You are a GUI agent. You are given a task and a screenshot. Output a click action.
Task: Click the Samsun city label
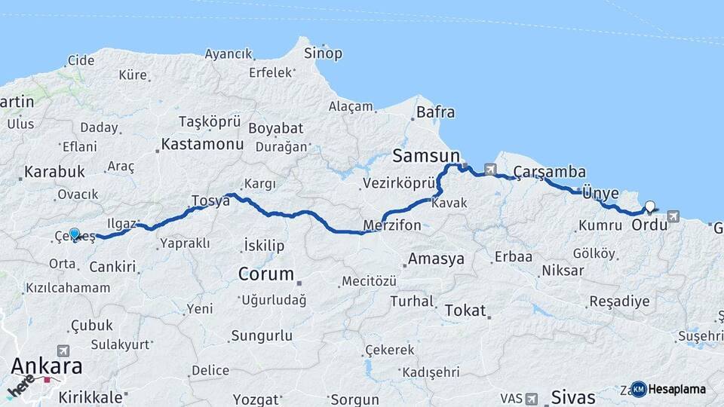(x=421, y=156)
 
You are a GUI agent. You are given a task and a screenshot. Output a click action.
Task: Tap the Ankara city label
(x=47, y=366)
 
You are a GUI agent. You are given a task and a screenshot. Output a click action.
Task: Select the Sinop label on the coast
(x=323, y=54)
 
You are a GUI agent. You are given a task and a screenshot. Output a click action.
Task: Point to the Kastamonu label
(x=202, y=144)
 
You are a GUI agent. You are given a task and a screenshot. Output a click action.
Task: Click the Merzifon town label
(x=391, y=225)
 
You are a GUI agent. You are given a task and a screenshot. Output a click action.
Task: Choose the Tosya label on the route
(x=210, y=200)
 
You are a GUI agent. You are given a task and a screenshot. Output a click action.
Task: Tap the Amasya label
(x=436, y=259)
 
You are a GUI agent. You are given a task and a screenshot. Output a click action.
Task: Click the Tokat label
(x=465, y=310)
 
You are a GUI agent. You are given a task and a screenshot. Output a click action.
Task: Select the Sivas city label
(x=573, y=396)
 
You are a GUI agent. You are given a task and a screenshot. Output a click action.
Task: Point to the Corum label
(x=265, y=274)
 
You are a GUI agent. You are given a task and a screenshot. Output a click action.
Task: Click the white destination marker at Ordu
(x=649, y=207)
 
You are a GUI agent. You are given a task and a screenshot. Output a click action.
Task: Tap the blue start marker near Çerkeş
(x=74, y=234)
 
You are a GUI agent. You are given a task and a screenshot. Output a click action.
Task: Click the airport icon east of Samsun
(x=491, y=170)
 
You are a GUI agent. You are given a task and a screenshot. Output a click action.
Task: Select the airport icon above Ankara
(x=63, y=350)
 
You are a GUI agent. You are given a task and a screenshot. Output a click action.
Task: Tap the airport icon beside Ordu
(x=673, y=216)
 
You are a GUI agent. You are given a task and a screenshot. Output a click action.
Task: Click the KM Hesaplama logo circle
(x=639, y=389)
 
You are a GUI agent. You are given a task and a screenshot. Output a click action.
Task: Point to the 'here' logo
(x=21, y=384)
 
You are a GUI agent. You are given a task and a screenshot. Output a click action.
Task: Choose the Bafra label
(x=436, y=112)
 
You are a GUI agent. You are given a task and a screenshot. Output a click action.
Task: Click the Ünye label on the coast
(x=600, y=193)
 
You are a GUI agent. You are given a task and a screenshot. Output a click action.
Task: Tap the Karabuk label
(x=54, y=172)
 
